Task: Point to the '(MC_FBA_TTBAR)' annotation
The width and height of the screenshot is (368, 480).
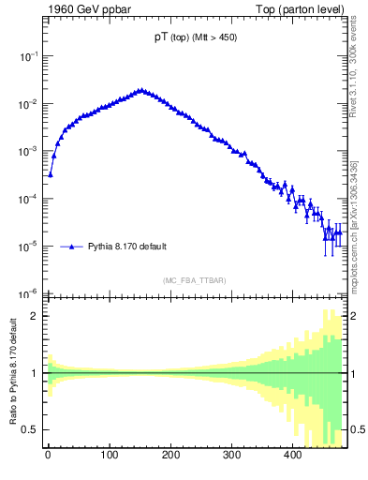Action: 195,280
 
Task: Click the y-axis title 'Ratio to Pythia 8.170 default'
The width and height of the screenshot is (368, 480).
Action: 12,372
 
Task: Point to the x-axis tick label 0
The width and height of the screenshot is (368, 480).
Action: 48,456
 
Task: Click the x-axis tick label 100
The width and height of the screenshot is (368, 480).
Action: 109,456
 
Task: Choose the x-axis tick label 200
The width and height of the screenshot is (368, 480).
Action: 170,456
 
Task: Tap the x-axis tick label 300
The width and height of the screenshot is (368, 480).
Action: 231,456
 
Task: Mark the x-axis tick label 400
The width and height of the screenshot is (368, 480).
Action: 292,456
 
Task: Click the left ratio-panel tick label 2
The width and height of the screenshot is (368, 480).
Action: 34,316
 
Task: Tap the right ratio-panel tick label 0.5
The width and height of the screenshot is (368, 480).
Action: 358,429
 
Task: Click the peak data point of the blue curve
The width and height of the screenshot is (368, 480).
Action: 140,91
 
